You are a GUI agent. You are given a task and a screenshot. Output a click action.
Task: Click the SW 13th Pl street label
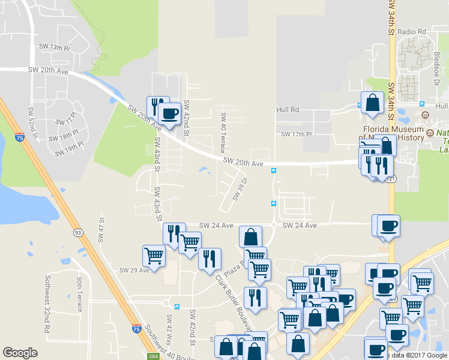pos(55,47)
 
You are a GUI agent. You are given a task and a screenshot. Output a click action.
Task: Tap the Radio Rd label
pos(411,31)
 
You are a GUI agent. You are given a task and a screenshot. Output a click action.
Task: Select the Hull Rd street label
pos(288,110)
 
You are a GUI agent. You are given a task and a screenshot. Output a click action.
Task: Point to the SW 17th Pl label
pos(297,134)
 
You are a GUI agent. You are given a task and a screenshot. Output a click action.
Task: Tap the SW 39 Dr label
pos(240,188)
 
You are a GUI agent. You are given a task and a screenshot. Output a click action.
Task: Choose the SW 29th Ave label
pos(134,271)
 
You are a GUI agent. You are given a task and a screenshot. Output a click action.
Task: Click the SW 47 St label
pos(101,230)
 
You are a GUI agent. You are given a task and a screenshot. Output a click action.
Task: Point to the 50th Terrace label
pos(79,294)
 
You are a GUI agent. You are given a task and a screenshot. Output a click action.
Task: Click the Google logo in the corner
pos(20,353)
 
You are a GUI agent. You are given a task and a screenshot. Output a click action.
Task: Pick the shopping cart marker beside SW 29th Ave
pos(154,256)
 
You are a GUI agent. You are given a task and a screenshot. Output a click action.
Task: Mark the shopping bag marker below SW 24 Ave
pos(250,237)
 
